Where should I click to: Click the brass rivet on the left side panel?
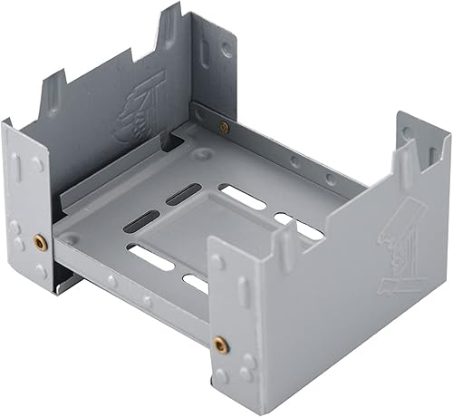pyautogui.click(x=39, y=242)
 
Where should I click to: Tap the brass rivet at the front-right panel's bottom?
pyautogui.click(x=219, y=344)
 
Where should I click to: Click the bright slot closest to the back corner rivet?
pyautogui.click(x=243, y=197)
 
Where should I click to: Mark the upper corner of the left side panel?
pyautogui.click(x=7, y=125)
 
